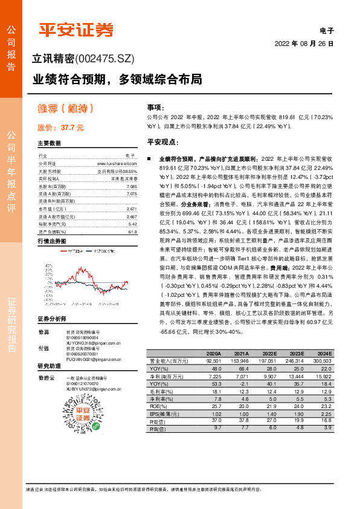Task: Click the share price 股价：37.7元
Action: click(x=61, y=128)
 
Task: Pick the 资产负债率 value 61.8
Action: click(x=132, y=232)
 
